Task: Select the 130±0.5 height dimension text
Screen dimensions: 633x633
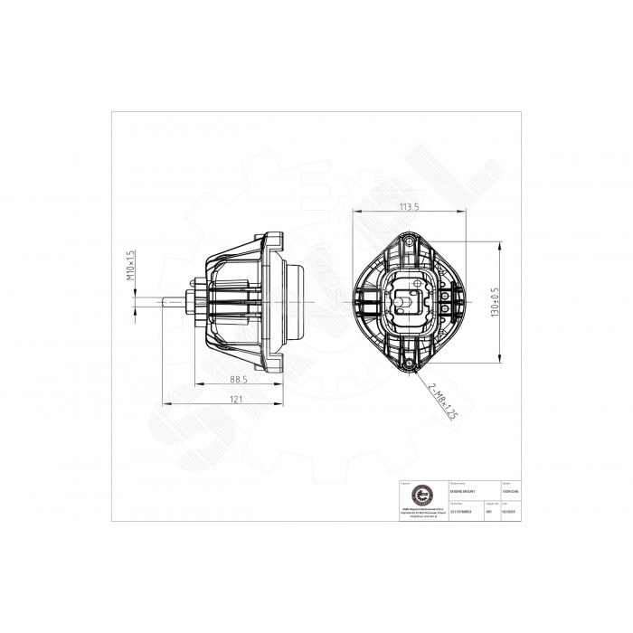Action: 495,298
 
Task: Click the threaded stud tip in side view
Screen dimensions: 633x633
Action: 165,300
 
